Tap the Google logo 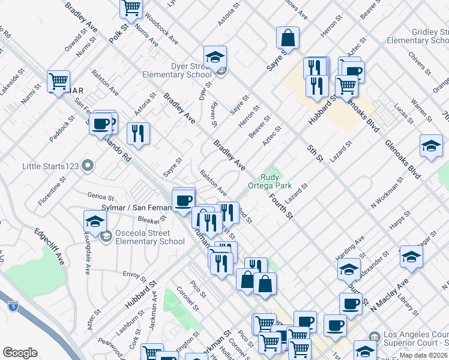[20, 352]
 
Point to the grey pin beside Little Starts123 [88, 164]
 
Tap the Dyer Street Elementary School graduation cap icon [215, 57]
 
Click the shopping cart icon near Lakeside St [59, 82]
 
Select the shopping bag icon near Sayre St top [288, 38]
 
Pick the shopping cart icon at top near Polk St [131, 8]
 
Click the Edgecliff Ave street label [50, 246]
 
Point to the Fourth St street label [281, 205]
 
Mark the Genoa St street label [100, 196]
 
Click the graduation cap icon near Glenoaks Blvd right [431, 146]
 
